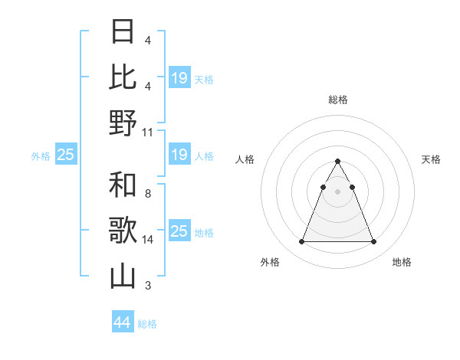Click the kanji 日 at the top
pos(123,32)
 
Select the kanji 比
pos(123,77)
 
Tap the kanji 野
pos(123,123)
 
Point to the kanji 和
pos(123,185)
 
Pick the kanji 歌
pos(123,231)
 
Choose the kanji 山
pos(123,277)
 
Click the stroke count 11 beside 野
pos(148,132)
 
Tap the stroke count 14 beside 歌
pos(148,240)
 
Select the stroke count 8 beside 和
pos(148,194)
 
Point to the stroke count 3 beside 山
pos(148,286)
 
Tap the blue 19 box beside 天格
pos(179,77)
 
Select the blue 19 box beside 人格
pos(179,155)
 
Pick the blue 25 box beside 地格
pos(179,231)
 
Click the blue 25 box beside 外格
pos(66,155)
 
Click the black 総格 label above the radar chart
pos(337,100)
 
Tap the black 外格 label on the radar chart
pos(270,262)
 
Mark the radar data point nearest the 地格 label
pos(373,242)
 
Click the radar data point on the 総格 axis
pos(337,161)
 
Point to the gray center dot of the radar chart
pos(337,191)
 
